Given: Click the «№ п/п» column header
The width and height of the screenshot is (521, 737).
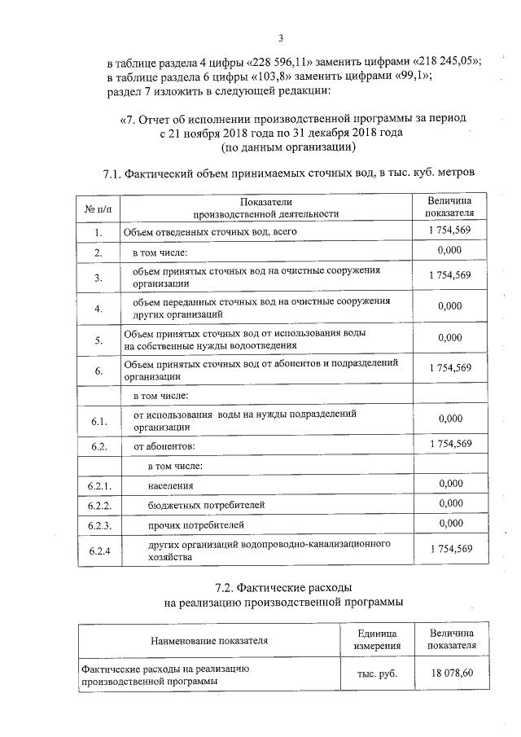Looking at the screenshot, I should (97, 208).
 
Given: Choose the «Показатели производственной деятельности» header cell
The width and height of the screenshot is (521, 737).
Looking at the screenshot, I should (265, 208).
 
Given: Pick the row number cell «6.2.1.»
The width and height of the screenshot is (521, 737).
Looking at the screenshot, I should (98, 485).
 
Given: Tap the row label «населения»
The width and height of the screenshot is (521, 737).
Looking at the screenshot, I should (171, 485).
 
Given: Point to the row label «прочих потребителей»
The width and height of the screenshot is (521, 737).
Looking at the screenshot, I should (196, 525).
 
